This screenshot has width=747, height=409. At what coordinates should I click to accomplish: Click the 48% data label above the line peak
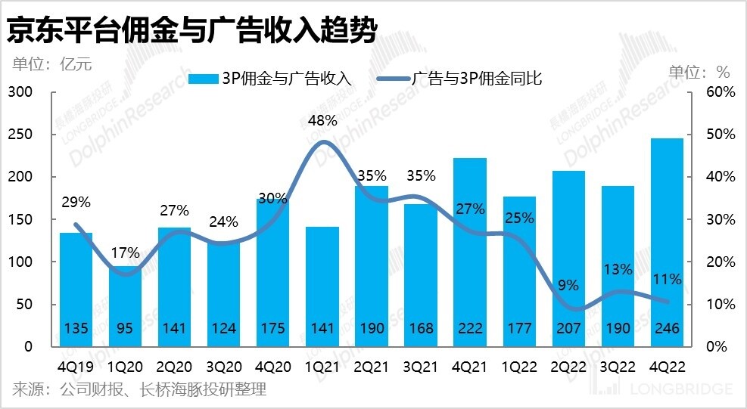(322, 120)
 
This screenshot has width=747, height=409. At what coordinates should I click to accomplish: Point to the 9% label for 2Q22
(568, 285)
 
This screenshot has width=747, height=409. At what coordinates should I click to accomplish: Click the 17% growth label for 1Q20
(125, 253)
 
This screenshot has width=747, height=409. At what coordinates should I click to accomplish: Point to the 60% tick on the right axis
(720, 92)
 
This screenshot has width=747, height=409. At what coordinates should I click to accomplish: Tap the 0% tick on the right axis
(716, 347)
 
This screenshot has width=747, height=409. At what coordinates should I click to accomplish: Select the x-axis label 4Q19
(76, 367)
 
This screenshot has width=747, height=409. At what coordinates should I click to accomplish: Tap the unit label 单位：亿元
(51, 64)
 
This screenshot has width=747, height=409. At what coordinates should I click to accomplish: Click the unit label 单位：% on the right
(699, 73)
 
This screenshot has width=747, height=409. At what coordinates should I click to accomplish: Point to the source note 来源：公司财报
(139, 390)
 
